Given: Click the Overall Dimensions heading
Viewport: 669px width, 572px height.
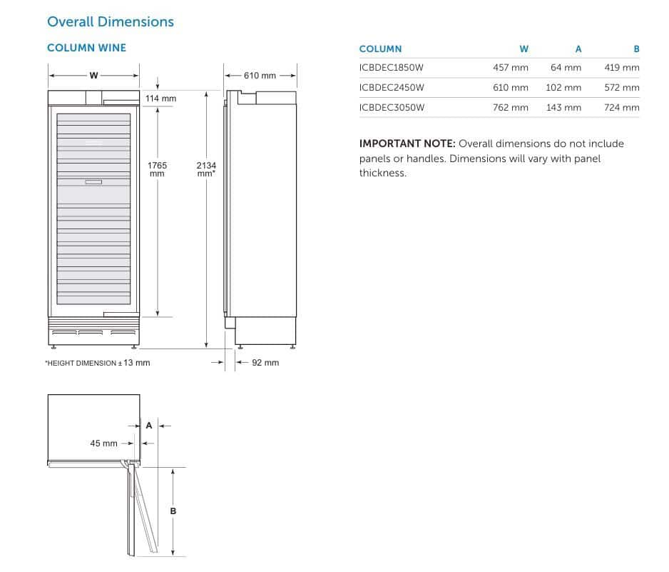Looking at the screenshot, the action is (x=111, y=22).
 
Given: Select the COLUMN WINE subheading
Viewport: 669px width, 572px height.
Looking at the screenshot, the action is (x=86, y=48).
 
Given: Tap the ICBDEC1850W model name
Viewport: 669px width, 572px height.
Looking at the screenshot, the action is (x=392, y=68).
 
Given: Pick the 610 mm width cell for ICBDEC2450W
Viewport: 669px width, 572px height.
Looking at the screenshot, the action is (x=510, y=88).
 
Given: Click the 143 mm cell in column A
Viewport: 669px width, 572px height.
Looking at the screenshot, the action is (x=563, y=108).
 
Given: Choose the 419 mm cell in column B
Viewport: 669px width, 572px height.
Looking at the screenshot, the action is (x=622, y=68).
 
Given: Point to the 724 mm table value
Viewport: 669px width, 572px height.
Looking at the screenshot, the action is (x=622, y=108).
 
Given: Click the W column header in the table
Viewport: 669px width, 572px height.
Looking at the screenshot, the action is (x=524, y=49).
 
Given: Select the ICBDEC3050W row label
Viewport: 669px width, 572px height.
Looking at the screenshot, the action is (x=392, y=108).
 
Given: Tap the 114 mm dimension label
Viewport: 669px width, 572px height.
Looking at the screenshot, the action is (x=161, y=99).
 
